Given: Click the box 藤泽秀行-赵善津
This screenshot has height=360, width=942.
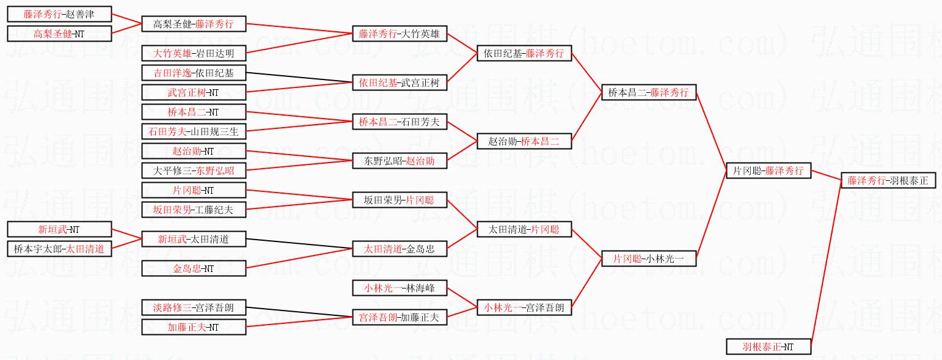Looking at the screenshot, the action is (x=59, y=14).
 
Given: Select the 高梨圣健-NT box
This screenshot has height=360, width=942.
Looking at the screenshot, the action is (x=59, y=34).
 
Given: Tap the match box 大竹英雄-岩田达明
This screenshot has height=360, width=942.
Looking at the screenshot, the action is (x=194, y=53).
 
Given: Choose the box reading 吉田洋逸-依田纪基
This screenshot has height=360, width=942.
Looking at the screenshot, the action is (x=194, y=73).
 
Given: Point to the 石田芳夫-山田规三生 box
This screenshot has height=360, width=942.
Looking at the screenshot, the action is (x=194, y=131).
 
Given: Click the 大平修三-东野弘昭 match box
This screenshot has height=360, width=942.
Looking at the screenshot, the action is (x=194, y=170).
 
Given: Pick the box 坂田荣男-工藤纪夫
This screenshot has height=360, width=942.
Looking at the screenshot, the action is (x=194, y=210).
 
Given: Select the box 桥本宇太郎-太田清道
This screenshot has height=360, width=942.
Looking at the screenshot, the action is (x=59, y=249).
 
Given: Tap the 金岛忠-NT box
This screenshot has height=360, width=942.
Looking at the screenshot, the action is (x=194, y=268).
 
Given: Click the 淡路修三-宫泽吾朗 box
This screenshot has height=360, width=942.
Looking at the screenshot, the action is (x=194, y=307).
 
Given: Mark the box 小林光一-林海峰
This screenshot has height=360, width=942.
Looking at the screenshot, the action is (x=400, y=288).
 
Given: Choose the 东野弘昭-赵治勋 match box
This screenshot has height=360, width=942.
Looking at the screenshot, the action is (x=400, y=161).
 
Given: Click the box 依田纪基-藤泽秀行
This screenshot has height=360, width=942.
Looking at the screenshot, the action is (x=524, y=54).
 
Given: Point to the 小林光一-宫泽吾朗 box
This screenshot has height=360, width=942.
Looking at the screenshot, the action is (x=524, y=307).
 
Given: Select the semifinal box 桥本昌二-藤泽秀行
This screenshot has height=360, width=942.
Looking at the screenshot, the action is (x=648, y=92).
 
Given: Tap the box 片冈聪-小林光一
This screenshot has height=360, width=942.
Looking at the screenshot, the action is (x=648, y=259).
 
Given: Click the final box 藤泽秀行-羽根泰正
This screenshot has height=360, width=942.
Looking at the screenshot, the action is (x=888, y=180).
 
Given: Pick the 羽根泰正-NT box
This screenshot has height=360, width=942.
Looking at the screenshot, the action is (x=768, y=347).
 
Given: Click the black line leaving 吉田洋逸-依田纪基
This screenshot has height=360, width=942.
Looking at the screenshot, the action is (x=299, y=78).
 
